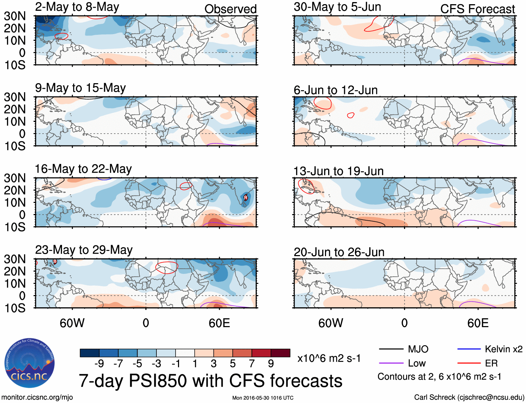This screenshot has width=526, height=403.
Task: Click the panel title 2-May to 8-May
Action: [77, 7]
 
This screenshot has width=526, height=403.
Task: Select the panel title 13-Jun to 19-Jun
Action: [338, 171]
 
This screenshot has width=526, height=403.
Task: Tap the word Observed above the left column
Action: [230, 9]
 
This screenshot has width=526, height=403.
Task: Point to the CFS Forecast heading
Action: [477, 9]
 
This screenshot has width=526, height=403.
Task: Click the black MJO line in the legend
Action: [391, 349]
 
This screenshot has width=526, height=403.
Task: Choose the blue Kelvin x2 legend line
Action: [469, 349]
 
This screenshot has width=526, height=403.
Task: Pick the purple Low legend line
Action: [391, 363]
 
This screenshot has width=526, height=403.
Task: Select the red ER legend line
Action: [469, 363]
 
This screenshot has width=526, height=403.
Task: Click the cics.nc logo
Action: [30, 363]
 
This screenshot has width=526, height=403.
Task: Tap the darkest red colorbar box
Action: [280, 353]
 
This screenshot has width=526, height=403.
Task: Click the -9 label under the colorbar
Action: [99, 364]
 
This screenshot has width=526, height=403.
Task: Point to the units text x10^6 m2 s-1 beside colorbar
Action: [329, 358]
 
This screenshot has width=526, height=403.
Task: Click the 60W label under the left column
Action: [72, 323]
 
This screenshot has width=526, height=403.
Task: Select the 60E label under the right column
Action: [478, 323]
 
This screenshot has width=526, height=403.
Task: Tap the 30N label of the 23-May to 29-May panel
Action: [15, 259]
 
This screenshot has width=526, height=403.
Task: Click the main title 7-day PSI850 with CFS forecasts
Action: [210, 381]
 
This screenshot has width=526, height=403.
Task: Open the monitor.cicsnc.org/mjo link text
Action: [37, 397]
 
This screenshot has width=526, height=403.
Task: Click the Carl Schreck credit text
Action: [469, 397]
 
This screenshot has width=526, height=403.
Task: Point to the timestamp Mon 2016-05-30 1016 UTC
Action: [263, 398]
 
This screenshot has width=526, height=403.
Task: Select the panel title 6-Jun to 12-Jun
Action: [335, 90]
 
